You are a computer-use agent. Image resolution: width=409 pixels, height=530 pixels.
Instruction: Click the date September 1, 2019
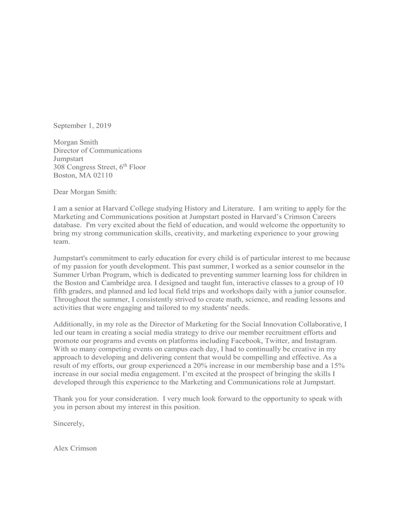[82, 126]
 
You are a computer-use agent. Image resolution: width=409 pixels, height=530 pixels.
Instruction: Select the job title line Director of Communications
[97, 151]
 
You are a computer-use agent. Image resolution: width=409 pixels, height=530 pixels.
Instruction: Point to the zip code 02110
[102, 175]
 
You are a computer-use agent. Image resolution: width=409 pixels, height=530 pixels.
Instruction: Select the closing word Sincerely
[69, 423]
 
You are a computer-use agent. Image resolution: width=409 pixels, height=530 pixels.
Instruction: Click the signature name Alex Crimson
[75, 448]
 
